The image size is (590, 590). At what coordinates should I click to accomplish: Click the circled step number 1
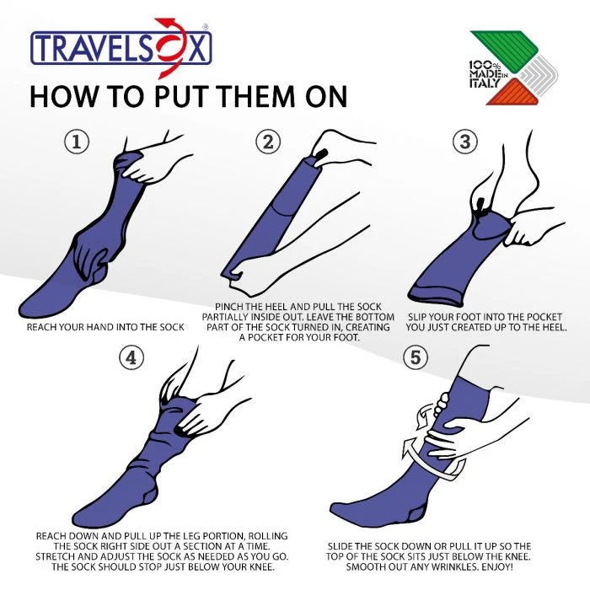pos(77,142)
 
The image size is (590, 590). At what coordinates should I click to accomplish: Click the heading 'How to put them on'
pos(188,96)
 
